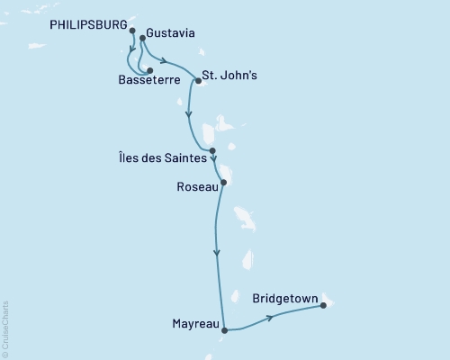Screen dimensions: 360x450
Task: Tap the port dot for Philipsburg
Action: [x=133, y=31]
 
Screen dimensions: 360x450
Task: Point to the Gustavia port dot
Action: [x=143, y=39]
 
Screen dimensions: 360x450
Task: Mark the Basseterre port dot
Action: [x=149, y=70]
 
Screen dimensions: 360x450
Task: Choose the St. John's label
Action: [x=230, y=76]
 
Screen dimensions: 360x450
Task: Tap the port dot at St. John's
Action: [x=198, y=81]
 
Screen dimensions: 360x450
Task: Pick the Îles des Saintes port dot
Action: [x=212, y=151]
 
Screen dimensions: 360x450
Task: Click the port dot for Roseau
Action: [x=224, y=183]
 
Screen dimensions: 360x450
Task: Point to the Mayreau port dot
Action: [x=224, y=329]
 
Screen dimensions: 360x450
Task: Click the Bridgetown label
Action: [x=288, y=294]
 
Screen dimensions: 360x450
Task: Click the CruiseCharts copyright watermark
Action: [x=5, y=328]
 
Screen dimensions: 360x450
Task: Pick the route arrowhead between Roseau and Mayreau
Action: [x=216, y=253]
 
